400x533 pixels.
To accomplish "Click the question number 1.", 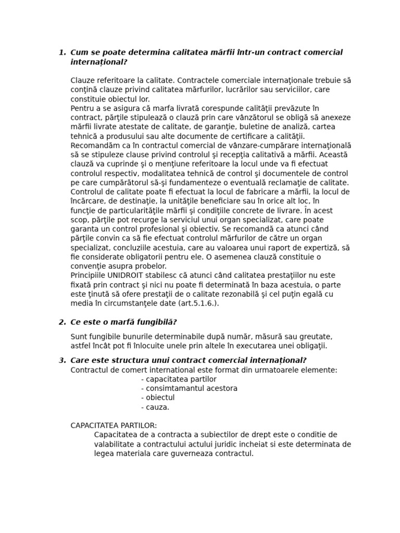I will coord(62,53).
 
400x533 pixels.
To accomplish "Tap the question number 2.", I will coord(62,322).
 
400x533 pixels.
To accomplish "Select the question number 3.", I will coord(62,361).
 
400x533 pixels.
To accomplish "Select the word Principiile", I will coord(88,275).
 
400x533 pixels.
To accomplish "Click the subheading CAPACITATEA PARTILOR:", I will coord(114,425).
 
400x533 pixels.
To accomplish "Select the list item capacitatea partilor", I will coord(179,379).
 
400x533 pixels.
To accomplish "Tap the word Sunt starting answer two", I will coord(79,336).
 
